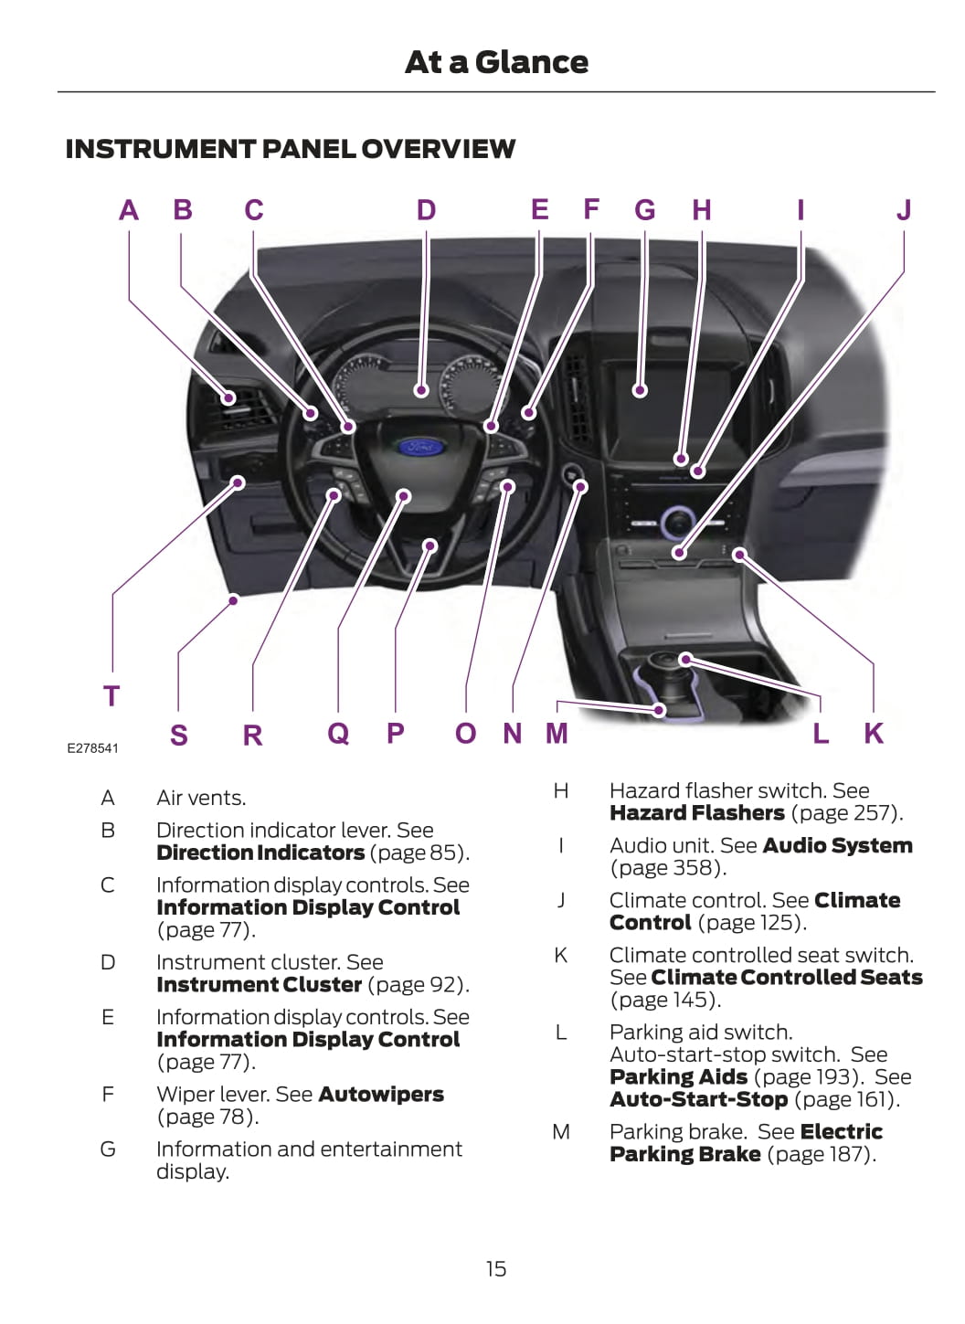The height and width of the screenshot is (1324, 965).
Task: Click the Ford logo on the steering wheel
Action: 421,448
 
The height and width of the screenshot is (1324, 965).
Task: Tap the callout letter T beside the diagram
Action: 111,696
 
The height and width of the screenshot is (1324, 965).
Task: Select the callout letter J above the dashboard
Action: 904,210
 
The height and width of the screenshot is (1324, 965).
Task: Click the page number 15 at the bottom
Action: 495,1268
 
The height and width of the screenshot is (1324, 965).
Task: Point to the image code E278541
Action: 92,748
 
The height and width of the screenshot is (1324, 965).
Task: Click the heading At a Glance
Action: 496,62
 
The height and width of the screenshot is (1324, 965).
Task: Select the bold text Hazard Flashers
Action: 696,813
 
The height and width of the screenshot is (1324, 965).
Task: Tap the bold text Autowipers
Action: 381,1095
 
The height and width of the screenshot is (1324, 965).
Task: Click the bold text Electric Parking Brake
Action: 745,1143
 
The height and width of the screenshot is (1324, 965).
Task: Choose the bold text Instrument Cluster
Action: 259,985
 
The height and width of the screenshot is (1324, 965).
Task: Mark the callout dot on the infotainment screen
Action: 641,390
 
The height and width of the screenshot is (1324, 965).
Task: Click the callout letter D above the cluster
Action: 426,211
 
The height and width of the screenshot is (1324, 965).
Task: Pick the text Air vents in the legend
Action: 200,799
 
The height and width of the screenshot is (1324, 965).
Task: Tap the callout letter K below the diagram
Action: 874,734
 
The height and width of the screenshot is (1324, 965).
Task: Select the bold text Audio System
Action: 837,846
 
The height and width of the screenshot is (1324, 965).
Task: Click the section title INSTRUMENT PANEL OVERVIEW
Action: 290,149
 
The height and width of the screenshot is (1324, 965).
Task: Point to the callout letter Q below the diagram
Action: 338,733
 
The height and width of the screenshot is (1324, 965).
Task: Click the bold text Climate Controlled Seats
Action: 786,978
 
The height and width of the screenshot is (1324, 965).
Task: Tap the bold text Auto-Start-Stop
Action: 698,1099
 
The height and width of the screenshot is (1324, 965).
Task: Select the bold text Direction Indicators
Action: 260,853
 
